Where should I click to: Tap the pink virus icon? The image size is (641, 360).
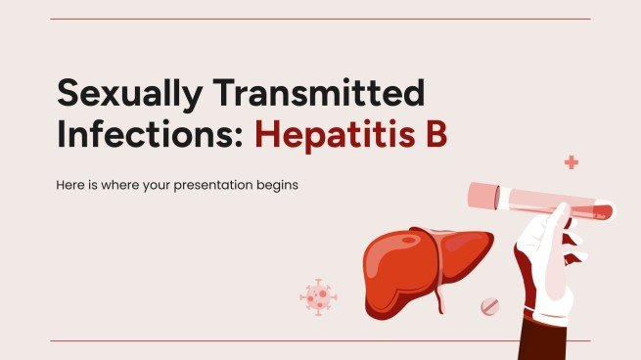pyautogui.click(x=318, y=294)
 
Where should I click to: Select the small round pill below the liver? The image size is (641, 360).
pyautogui.click(x=490, y=307)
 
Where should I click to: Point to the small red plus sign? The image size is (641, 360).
pyautogui.click(x=571, y=162)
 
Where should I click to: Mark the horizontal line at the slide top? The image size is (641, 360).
pyautogui.click(x=320, y=19)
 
